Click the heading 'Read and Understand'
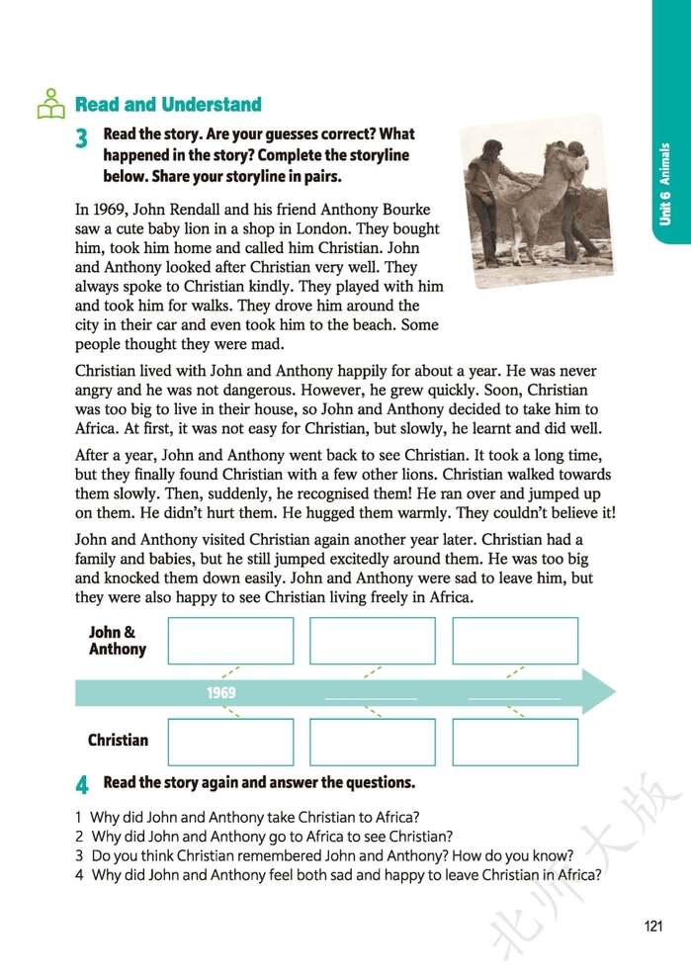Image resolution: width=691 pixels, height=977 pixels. coord(168,105)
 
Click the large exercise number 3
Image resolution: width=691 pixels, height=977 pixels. coord(82,139)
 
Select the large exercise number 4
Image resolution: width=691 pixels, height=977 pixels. coord(82,785)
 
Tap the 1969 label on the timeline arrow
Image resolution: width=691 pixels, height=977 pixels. coord(221,693)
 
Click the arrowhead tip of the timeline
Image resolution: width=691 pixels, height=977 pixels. coord(612,691)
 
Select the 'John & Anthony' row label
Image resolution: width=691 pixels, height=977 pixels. coord(117,641)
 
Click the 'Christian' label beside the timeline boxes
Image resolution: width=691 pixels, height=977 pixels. coord(118,740)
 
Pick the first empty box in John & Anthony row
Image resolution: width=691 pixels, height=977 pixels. coord(230,641)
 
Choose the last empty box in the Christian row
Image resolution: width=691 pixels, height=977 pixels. coord(515,742)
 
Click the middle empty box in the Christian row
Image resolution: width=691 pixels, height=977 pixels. coord(373,742)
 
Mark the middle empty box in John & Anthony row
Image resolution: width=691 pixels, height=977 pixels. coord(373,641)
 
